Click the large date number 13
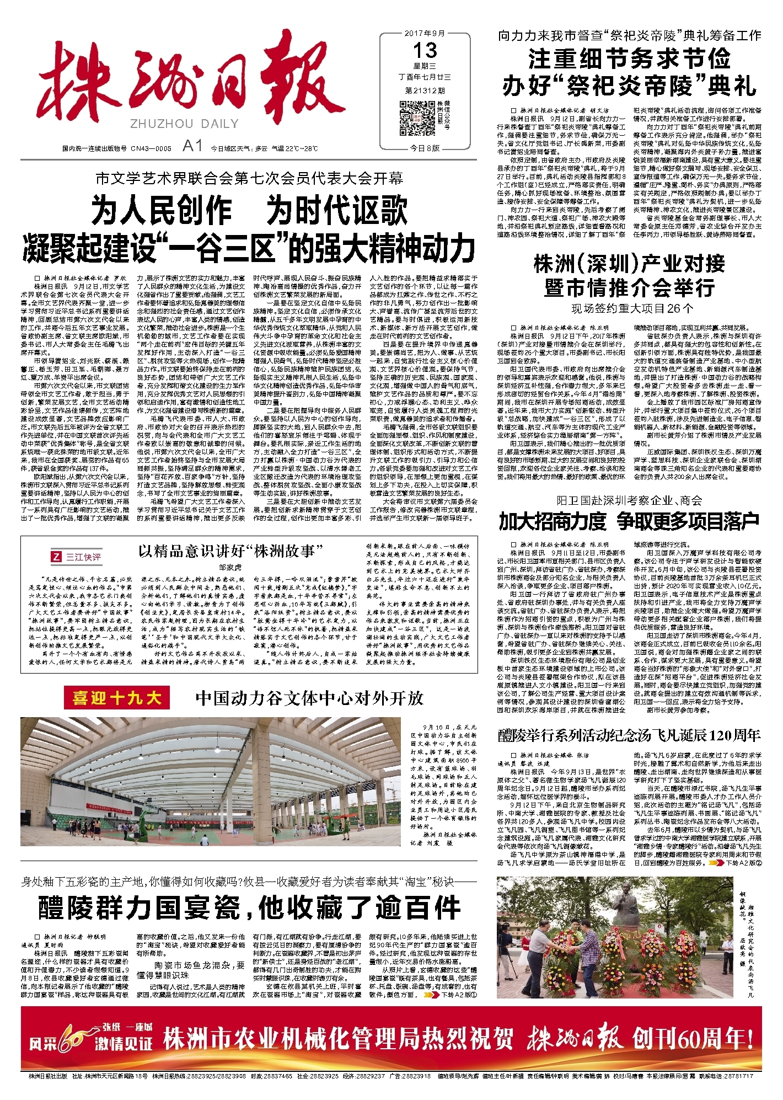425,51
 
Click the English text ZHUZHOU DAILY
184,124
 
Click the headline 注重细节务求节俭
629,58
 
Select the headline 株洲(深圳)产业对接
629,264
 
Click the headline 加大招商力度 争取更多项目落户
629,521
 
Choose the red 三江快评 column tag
77,557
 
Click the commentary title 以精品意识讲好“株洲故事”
230,551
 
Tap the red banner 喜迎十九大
117,698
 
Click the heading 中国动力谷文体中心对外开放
309,698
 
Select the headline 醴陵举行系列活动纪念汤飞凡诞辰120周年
629,735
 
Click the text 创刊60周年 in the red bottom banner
693,1039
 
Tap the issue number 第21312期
425,90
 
